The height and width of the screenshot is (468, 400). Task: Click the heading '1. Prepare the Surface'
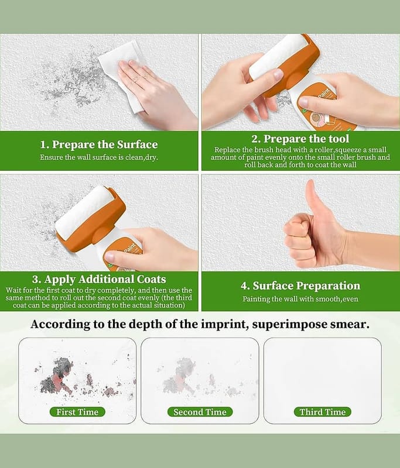pyautogui.click(x=99, y=144)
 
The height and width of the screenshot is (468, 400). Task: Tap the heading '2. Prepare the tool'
pyautogui.click(x=300, y=139)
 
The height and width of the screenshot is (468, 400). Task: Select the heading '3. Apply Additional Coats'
pyautogui.click(x=99, y=280)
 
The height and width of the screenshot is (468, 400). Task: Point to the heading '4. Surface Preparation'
pyautogui.click(x=300, y=286)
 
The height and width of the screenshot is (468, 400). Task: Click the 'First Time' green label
pyautogui.click(x=77, y=412)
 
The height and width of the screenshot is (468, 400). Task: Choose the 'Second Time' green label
pyautogui.click(x=200, y=412)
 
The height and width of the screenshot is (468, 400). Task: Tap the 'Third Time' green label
pyautogui.click(x=323, y=412)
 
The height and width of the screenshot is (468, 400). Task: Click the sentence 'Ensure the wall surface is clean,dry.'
pyautogui.click(x=99, y=157)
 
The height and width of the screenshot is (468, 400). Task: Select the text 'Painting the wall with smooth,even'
pyautogui.click(x=300, y=299)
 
